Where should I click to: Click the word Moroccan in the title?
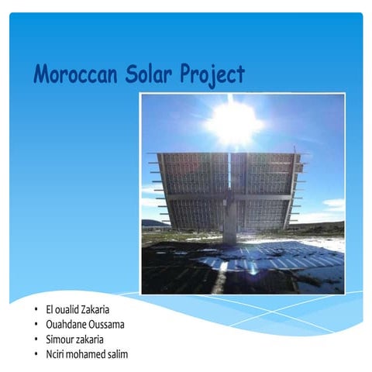coord(72,74)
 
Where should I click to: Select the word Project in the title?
coord(212,75)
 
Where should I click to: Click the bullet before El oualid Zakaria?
coord(36,310)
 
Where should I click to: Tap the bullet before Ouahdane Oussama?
coord(36,325)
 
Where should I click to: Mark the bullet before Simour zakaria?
coord(36,339)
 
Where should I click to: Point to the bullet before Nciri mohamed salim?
coord(36,354)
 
